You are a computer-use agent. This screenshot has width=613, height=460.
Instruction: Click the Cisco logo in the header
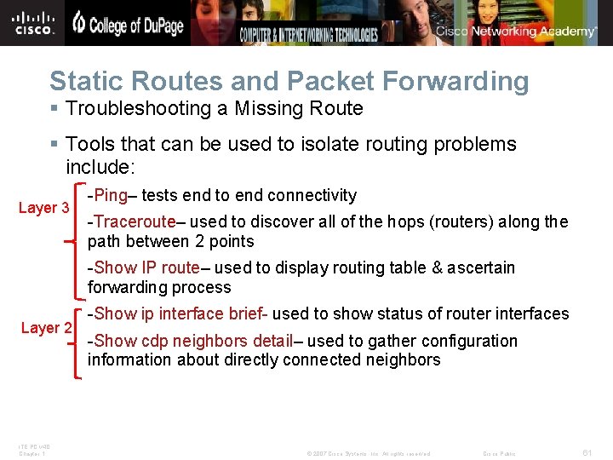34,22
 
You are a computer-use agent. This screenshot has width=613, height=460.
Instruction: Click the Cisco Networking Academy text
516,32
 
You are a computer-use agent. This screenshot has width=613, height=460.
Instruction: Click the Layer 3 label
44,208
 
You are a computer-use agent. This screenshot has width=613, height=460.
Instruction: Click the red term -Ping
107,196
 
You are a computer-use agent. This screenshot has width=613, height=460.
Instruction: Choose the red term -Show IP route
143,268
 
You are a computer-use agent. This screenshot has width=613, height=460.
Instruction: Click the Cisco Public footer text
499,454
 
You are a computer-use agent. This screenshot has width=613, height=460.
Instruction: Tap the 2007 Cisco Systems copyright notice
368,454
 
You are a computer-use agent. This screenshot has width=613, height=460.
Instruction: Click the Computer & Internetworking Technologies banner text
308,35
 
